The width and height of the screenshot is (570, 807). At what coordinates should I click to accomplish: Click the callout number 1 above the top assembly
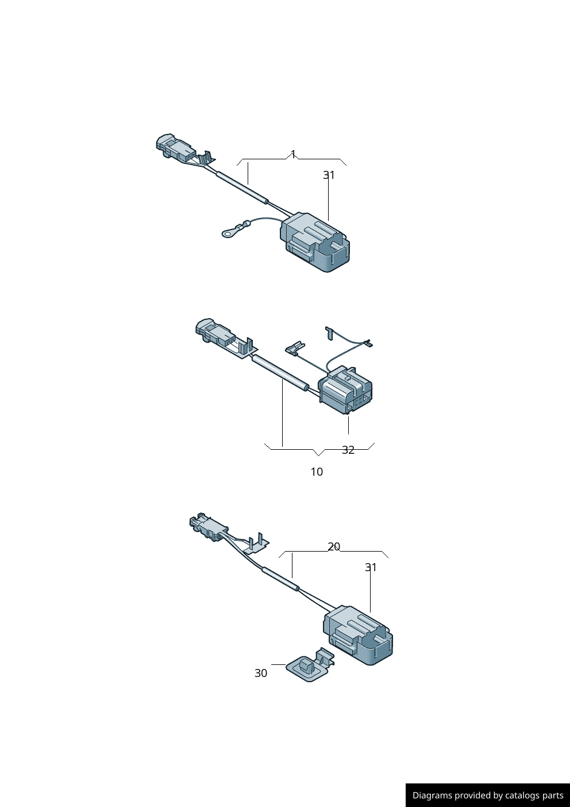click(293, 154)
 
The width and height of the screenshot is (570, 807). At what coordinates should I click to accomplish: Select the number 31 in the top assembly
click(329, 175)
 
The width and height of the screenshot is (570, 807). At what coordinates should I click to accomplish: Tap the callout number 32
click(348, 450)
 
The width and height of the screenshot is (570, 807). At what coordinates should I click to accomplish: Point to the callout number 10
click(317, 472)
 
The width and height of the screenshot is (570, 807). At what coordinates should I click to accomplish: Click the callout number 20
click(334, 546)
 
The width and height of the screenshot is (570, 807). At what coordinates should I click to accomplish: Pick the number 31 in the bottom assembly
click(371, 567)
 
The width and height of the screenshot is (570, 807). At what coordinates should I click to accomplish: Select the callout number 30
click(261, 673)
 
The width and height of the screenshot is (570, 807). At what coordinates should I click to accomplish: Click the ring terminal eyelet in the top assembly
click(228, 232)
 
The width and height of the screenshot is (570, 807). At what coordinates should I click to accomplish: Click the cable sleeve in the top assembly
click(241, 187)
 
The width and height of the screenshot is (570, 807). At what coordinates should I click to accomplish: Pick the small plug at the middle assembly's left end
click(211, 332)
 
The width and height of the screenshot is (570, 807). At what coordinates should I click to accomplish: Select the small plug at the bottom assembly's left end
click(206, 526)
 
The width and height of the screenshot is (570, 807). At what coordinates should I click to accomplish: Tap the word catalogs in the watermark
click(523, 795)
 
